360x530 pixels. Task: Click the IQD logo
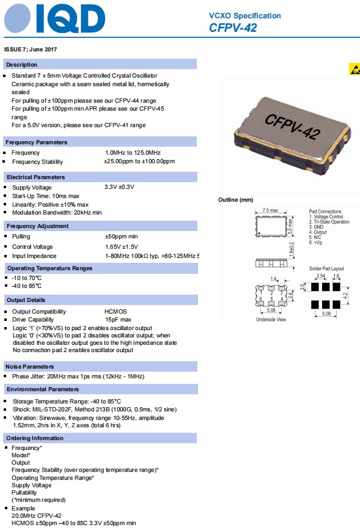coord(54,19)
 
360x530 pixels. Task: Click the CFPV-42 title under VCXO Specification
coord(233,28)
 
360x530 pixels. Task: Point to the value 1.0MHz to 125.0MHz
coord(133,152)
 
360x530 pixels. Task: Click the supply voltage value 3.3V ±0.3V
coord(119,187)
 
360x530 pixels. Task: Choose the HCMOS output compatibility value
coord(116,312)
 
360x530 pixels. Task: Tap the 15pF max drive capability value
coord(117,320)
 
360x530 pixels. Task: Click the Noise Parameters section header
coord(34,366)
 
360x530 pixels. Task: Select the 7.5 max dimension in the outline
coord(270,210)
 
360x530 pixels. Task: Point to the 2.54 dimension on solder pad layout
coord(320,276)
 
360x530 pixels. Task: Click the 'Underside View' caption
coord(270,319)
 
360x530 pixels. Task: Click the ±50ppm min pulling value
coord(121,236)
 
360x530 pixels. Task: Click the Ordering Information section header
coord(35,438)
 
